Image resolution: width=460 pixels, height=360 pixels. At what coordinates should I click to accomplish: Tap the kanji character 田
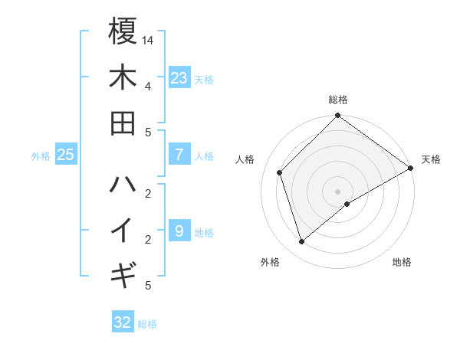123,123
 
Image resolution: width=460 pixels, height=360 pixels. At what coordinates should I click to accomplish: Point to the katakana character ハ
123,184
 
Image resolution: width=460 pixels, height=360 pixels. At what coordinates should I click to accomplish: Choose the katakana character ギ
123,273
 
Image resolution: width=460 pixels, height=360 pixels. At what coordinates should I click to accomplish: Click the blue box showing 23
179,78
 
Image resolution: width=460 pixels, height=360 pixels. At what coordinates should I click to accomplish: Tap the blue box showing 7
179,155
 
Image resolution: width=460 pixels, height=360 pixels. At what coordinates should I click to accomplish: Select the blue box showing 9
179,231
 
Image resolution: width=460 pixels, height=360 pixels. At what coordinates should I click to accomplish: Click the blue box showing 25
66,155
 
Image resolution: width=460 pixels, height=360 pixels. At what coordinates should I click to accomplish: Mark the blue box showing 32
123,322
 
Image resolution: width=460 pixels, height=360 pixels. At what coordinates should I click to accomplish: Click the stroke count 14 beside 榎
148,40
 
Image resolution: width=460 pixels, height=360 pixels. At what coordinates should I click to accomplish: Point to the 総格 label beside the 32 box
147,324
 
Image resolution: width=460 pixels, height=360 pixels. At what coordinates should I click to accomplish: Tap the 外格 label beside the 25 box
41,156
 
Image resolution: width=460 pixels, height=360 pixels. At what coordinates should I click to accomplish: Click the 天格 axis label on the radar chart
432,159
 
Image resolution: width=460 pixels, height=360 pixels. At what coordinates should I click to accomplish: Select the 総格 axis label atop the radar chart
338,100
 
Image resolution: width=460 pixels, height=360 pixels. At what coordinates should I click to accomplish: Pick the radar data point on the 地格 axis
348,204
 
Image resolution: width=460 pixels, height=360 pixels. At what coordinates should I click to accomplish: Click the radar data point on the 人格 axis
280,172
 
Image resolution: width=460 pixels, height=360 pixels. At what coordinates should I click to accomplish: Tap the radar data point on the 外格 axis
302,242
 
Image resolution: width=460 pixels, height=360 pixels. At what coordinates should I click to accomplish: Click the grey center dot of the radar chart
338,190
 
